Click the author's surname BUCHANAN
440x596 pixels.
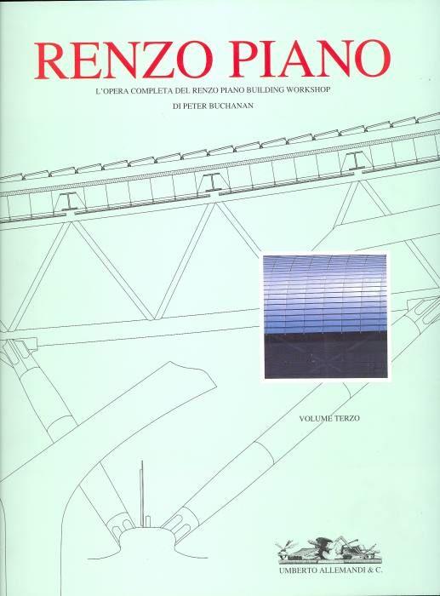[x=233, y=106]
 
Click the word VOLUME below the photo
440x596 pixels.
[x=316, y=419]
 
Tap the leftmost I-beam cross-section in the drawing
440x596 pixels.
[x=69, y=202]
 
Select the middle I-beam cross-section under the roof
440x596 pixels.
[x=210, y=182]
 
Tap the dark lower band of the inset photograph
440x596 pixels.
[x=326, y=357]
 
